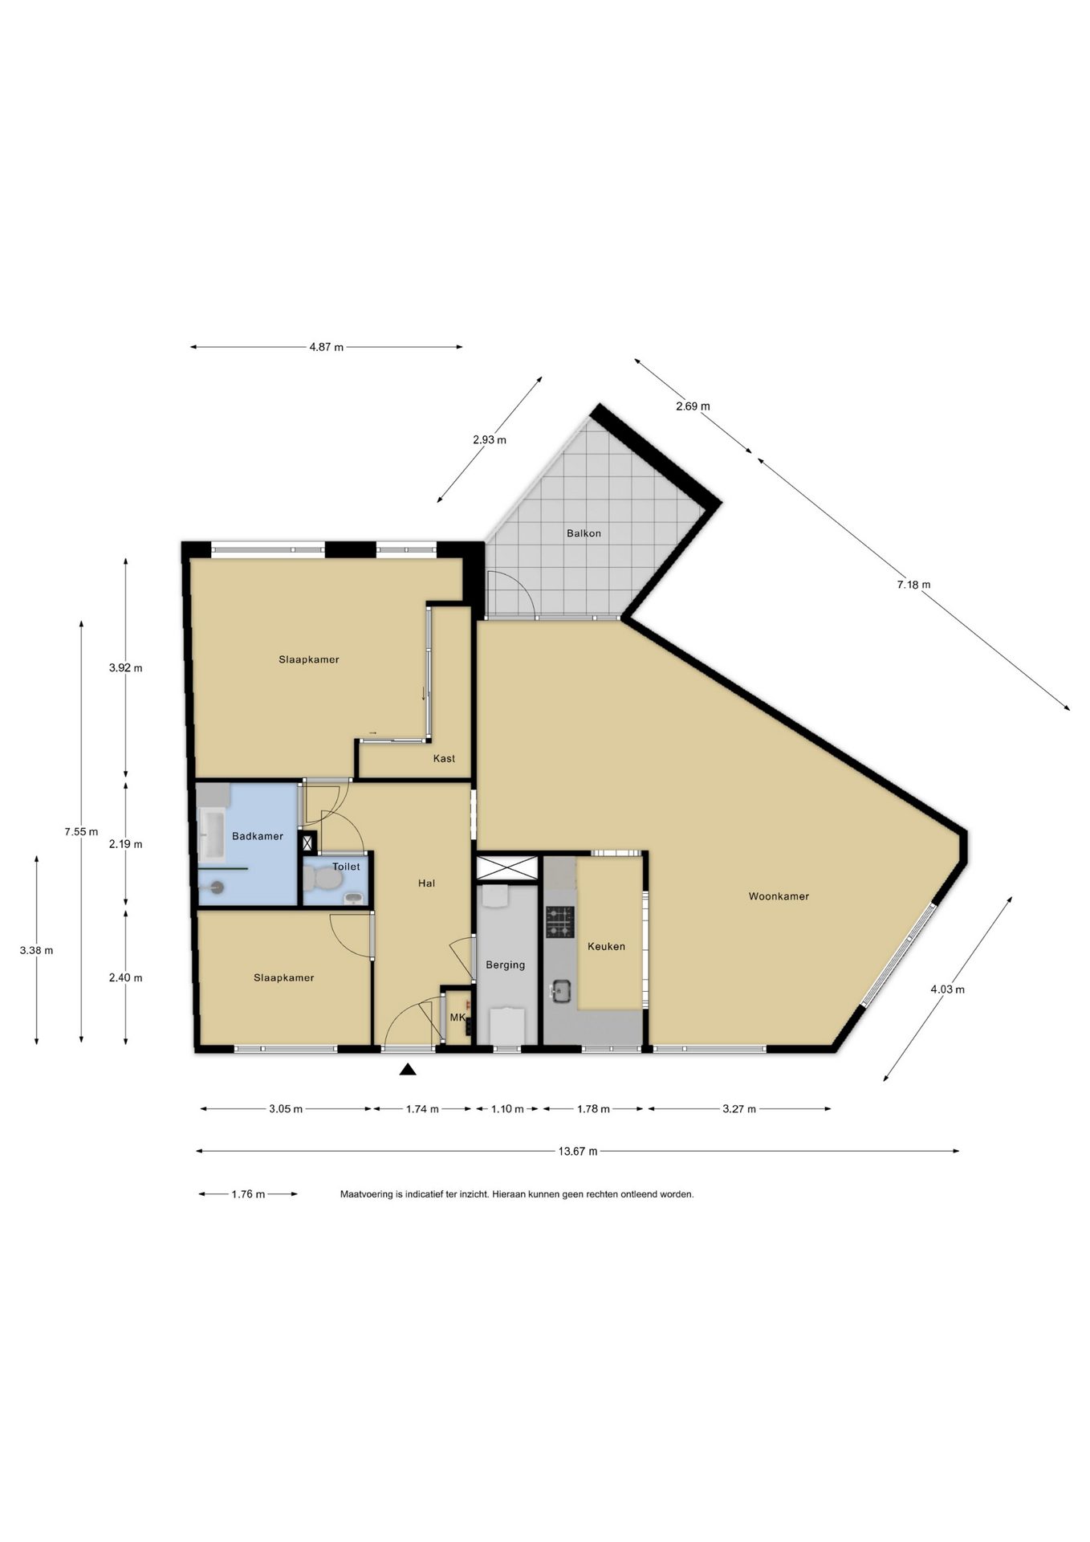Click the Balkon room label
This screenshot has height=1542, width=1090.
pos(584,533)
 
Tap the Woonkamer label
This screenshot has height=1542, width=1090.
pos(779,896)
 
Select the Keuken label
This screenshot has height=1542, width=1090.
pos(606,946)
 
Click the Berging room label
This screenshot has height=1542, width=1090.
pos(505,965)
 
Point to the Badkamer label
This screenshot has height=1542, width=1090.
pos(258,836)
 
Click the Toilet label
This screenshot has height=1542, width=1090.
pos(346,867)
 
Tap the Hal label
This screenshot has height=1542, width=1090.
pos(426,883)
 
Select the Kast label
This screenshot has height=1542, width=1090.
pos(444,758)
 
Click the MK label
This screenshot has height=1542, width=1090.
pos(458,1018)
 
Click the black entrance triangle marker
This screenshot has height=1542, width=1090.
pos(408,1069)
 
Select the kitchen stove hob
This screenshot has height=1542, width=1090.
pos(560,922)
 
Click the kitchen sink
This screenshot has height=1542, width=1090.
pos(560,993)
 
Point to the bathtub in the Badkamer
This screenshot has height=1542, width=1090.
pos(214,834)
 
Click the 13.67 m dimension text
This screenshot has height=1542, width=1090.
pos(578,1151)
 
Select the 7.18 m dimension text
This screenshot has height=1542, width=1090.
pos(913,585)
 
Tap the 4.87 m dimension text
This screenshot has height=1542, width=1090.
pos(326,347)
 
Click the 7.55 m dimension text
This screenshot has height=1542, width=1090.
pos(81,831)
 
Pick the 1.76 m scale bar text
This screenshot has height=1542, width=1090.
pos(248,1194)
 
